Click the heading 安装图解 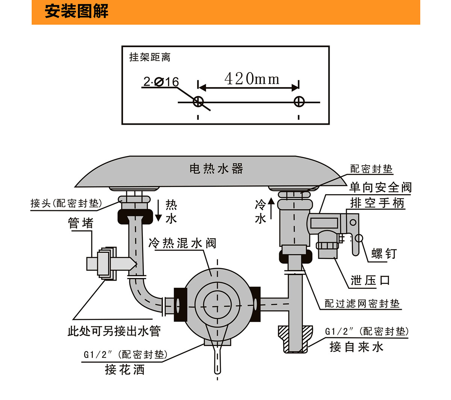pyautogui.click(x=77, y=11)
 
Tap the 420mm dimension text pyautogui.click(x=252, y=79)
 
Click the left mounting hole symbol pyautogui.click(x=198, y=101)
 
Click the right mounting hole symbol pyautogui.click(x=299, y=101)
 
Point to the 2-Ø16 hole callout pyautogui.click(x=161, y=82)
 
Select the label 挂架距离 pyautogui.click(x=150, y=57)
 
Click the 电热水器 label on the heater pyautogui.click(x=216, y=169)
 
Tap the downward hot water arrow pyautogui.click(x=159, y=210)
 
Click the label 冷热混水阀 pyautogui.click(x=183, y=243)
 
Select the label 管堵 pyautogui.click(x=80, y=223)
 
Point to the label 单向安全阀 pyautogui.click(x=380, y=187)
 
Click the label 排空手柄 pyautogui.click(x=377, y=203)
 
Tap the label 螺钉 pyautogui.click(x=384, y=254)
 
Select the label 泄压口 pyautogui.click(x=370, y=280)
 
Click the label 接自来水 pyautogui.click(x=356, y=347)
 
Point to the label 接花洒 pyautogui.click(x=124, y=370)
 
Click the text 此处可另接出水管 pyautogui.click(x=114, y=331)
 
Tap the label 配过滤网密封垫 pyautogui.click(x=362, y=303)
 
